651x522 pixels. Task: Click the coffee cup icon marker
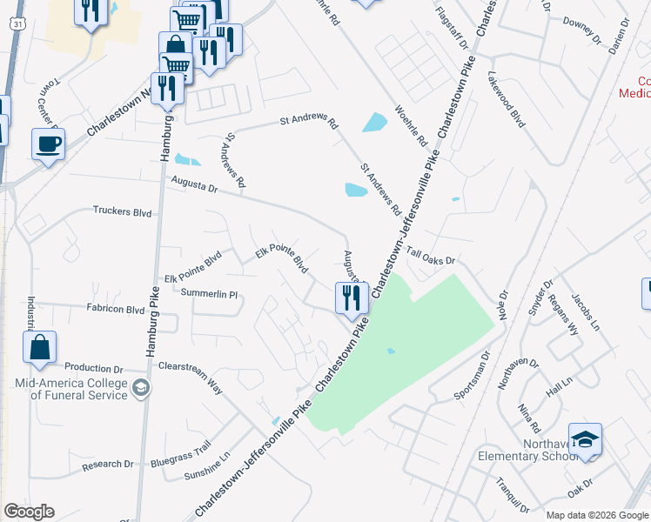(x=48, y=144)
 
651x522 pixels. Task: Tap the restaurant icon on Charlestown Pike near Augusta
(x=352, y=298)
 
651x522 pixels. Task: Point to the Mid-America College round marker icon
(x=140, y=389)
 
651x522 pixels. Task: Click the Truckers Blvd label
(x=123, y=211)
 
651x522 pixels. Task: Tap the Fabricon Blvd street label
(x=115, y=309)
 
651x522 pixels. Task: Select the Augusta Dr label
(x=193, y=184)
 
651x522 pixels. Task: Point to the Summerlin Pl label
(x=209, y=294)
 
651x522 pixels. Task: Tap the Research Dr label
(x=107, y=465)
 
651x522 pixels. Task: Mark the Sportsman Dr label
(x=473, y=375)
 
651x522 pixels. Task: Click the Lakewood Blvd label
(x=507, y=100)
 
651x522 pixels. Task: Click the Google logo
(x=28, y=512)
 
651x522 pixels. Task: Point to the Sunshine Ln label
(x=207, y=467)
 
